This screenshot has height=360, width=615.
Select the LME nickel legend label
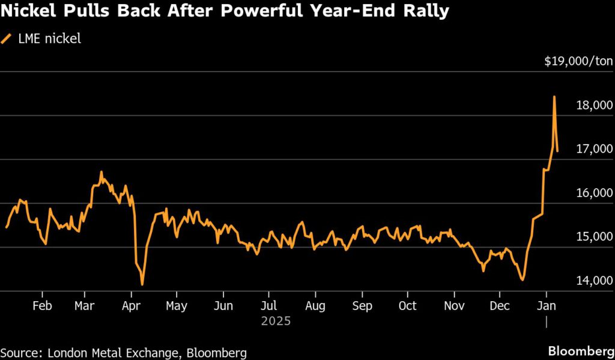pos(50,39)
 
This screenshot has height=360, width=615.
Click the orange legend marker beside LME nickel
pos(7,39)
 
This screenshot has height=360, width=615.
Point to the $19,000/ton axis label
pos(578,61)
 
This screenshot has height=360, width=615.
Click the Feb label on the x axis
pos(42,306)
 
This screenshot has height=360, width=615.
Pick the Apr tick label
pos(130,306)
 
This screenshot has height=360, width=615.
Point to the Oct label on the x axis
pos(408,306)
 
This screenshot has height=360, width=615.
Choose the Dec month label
pos(500,306)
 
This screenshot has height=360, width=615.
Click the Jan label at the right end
pos(546,306)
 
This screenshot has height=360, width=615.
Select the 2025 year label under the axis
pos(276,322)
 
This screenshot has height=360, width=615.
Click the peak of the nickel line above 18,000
pos(554,97)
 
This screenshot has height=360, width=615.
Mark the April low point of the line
pos(142,284)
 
